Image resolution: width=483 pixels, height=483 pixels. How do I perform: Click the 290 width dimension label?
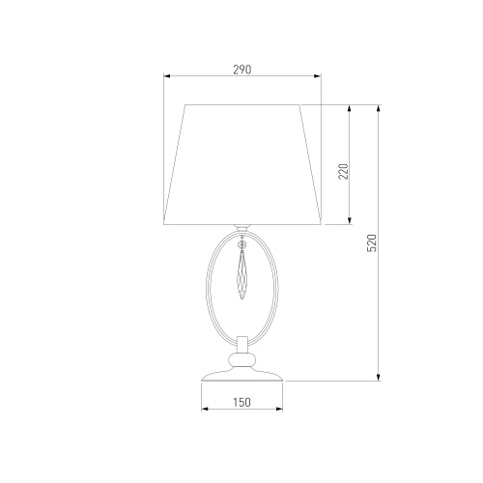(242, 70)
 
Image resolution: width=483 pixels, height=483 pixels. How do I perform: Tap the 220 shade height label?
(344, 171)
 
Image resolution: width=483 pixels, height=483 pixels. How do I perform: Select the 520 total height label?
(372, 243)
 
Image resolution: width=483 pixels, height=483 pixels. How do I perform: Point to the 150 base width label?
(241, 402)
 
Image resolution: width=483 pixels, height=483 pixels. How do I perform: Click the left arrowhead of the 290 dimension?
(167, 76)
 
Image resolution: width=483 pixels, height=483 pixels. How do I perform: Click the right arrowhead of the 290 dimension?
(318, 76)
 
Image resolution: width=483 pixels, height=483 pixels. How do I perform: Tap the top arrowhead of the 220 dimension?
(350, 108)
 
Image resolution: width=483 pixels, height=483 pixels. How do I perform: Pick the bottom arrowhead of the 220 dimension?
(350, 220)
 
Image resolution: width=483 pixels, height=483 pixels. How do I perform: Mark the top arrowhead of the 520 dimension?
(379, 108)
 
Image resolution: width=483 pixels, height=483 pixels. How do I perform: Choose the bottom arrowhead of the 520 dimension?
(379, 378)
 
